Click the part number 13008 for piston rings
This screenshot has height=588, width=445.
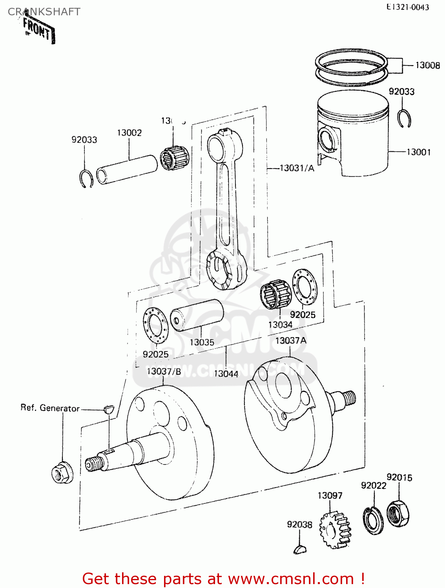(427, 65)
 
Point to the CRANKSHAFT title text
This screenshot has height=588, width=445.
(44, 12)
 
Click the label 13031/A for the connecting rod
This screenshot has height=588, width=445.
(297, 168)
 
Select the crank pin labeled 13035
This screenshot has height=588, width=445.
(197, 315)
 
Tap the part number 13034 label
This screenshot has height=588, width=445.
(280, 325)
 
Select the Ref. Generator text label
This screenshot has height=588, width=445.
(50, 408)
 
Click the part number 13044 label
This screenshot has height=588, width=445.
(226, 374)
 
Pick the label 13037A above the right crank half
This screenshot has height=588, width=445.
(290, 340)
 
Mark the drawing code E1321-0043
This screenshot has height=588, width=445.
(408, 7)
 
